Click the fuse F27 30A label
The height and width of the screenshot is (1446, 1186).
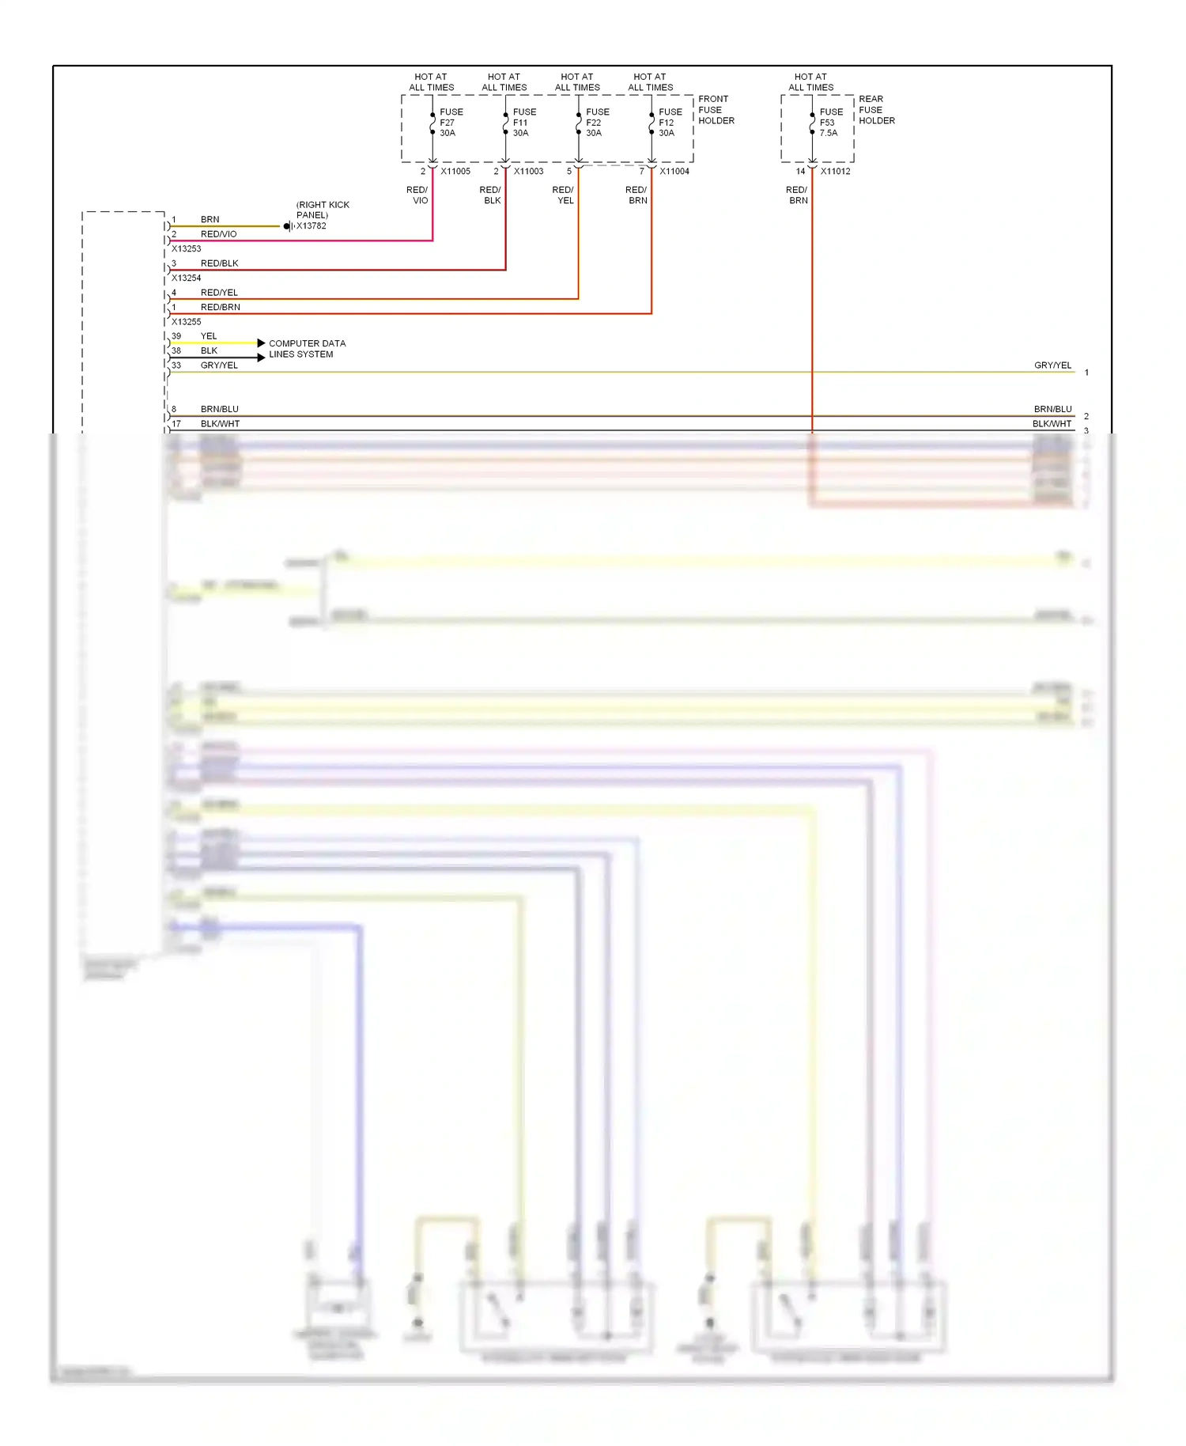pos(451,123)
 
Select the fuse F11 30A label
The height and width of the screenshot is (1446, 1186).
pos(523,123)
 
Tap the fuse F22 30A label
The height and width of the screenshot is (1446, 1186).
pos(597,123)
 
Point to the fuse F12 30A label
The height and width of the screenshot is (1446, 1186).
pos(670,123)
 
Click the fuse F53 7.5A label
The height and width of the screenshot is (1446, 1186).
pos(830,123)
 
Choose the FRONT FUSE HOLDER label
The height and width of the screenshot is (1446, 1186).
pos(716,110)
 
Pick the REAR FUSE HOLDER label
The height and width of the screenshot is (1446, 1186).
pos(876,110)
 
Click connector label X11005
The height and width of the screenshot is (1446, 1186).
pos(455,172)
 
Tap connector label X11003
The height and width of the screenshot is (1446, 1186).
pos(528,172)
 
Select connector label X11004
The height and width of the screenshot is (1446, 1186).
pos(674,172)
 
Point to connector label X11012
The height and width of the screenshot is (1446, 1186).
pos(835,172)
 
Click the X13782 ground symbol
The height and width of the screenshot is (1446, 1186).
pos(289,226)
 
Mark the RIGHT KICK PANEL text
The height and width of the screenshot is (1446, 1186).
pos(323,210)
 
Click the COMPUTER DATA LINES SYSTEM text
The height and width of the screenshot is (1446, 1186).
pos(307,349)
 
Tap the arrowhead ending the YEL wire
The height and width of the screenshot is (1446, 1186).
pos(261,343)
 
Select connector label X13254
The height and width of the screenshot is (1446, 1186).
pos(187,278)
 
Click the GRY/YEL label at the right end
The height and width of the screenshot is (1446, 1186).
pos(1052,365)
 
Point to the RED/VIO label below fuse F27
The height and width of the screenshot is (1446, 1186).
pos(418,195)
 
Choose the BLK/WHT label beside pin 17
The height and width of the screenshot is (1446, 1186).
pos(220,424)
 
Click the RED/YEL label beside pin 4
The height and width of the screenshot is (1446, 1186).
pos(219,293)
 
